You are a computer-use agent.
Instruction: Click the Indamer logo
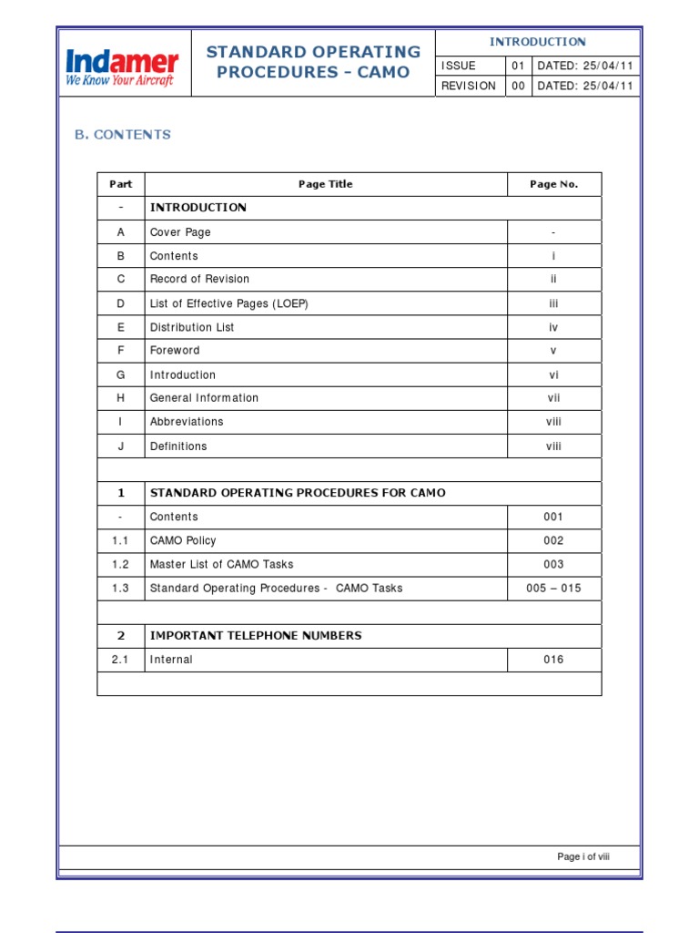coord(122,68)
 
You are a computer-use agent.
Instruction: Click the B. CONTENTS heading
coord(122,135)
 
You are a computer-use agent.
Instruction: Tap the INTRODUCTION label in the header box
coord(537,42)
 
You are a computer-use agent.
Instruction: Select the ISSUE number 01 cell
coord(518,66)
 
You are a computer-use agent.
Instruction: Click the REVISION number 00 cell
coord(518,86)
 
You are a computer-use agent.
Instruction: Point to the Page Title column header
coord(325,184)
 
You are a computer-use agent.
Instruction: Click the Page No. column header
coord(553,184)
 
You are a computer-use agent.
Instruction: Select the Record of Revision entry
coord(199,280)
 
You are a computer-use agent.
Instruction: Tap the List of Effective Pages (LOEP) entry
coord(228,303)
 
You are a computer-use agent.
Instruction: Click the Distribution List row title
coord(192,327)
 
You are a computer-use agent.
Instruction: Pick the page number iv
coord(553,327)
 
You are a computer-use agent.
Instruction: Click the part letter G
coord(121,374)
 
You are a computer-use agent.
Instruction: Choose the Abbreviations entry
coord(187,422)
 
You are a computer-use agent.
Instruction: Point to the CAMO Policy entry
coord(183,540)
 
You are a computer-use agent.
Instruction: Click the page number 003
coord(553,564)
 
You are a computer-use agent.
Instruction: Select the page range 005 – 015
coord(553,589)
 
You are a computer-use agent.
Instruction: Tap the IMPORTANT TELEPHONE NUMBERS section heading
coord(255,636)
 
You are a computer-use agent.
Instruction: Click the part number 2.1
coord(121,660)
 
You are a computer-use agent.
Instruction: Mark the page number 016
coord(553,660)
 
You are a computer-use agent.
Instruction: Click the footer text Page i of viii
coord(583,857)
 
